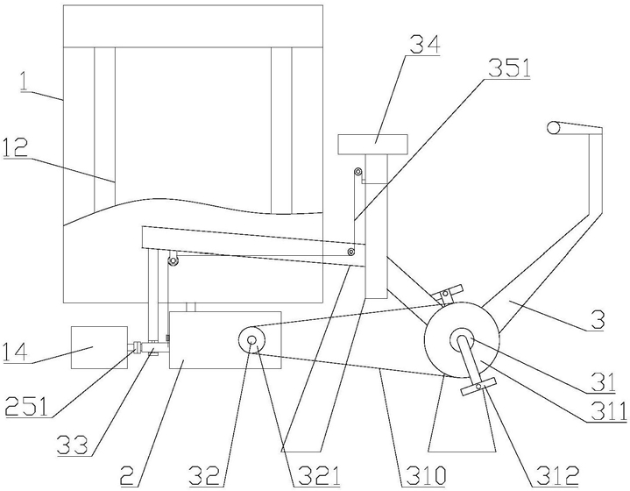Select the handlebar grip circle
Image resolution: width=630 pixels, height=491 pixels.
554,128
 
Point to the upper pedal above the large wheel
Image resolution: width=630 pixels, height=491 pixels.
449,291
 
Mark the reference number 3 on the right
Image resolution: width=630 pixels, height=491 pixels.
598,323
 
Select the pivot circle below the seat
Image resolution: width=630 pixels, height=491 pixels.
357,171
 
